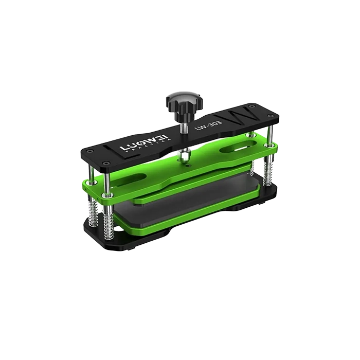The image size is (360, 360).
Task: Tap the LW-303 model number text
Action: coord(208,125)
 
